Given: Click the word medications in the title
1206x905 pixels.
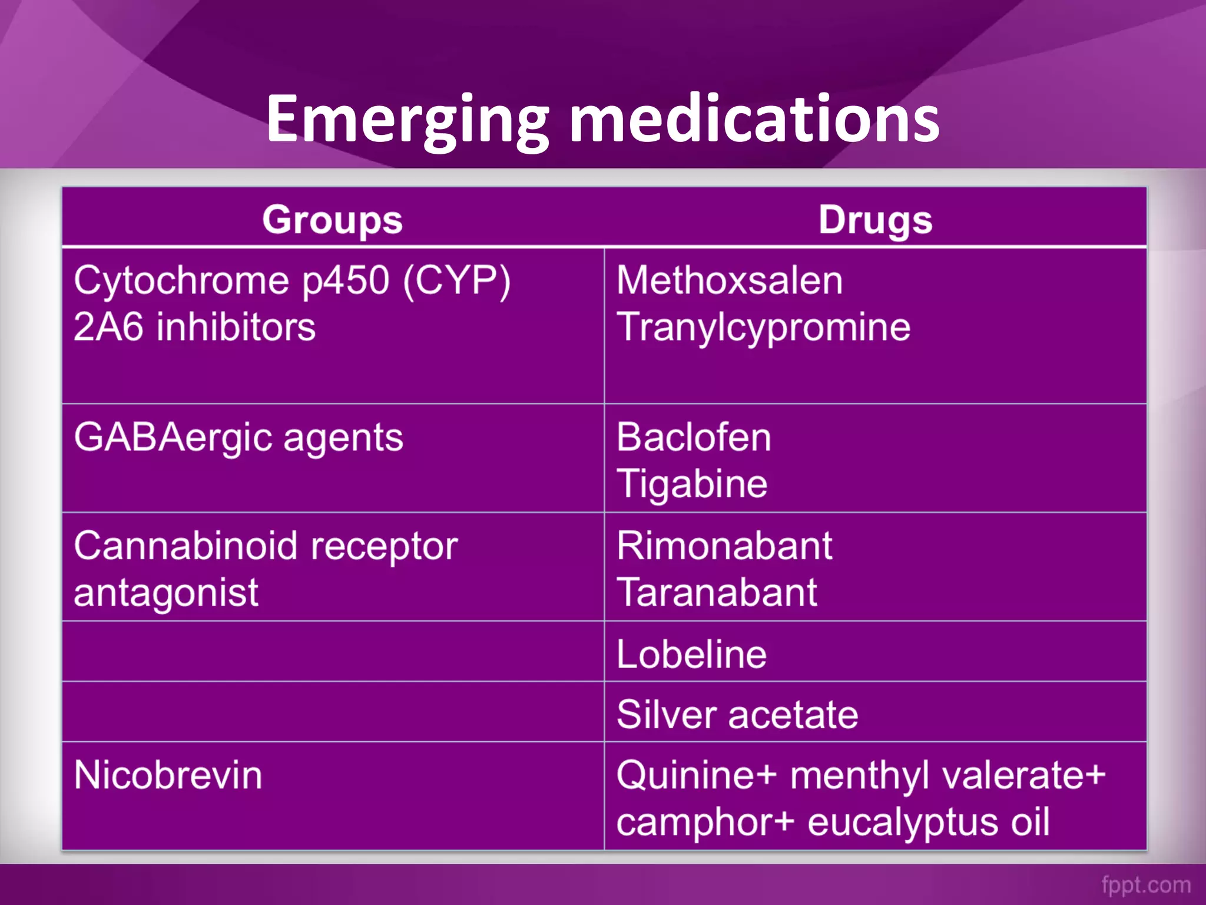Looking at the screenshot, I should (754, 120).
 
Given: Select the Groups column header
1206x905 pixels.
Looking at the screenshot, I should (333, 220).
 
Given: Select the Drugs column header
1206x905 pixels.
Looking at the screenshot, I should (876, 220).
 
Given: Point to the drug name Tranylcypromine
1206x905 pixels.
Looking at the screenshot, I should (764, 327).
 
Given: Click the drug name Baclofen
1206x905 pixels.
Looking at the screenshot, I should (694, 437).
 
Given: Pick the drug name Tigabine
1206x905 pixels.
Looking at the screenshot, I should (692, 484).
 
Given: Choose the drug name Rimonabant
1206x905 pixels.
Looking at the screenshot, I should (725, 546).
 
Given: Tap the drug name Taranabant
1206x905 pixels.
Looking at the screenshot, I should (717, 592).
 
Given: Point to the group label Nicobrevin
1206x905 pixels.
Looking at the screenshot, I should (168, 775).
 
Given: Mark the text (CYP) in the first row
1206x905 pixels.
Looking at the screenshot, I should (456, 280).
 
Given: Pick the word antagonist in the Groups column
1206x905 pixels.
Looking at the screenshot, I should (166, 593).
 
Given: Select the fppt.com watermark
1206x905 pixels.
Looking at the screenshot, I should (1146, 884).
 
